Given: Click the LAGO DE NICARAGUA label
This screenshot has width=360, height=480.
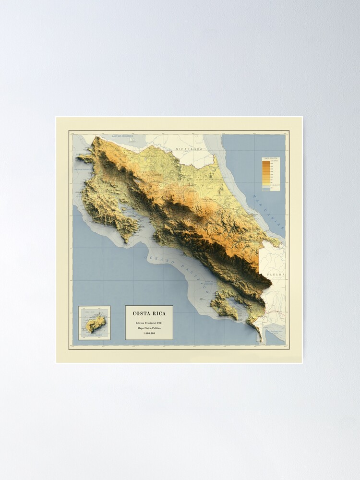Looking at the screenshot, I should pos(122,137).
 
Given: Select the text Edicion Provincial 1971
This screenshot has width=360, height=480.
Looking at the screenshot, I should pos(149,323).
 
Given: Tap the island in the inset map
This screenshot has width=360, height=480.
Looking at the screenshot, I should pos(95,324).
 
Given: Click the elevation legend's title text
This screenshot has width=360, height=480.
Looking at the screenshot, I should pos(271,159).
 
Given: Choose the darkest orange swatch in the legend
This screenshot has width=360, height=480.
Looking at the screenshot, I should pos(266,163).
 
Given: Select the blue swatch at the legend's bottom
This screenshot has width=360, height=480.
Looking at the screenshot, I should pos(266,189).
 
